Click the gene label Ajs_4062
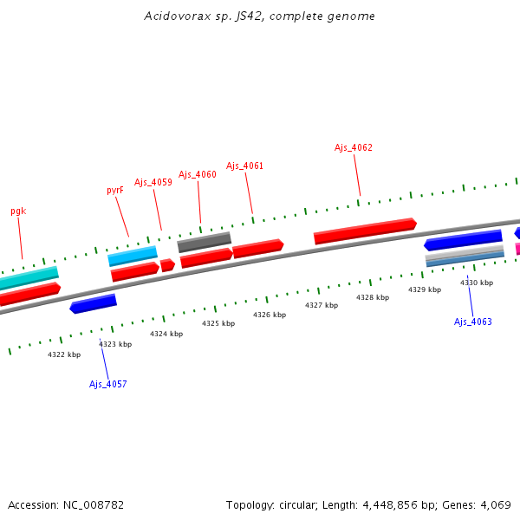[354, 147]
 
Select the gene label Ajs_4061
[244, 166]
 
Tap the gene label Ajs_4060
[198, 174]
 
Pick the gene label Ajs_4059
[153, 182]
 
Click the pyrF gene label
[115, 190]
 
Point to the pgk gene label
[18, 211]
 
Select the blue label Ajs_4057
[107, 384]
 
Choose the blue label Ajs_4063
[472, 322]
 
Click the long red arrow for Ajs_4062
[364, 231]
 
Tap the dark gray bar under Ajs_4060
[205, 242]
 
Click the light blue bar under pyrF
[133, 256]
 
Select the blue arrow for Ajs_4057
[93, 303]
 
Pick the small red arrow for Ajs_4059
[167, 265]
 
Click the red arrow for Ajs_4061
[257, 248]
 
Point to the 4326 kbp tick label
[269, 315]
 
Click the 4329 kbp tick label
[424, 289]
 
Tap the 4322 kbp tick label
[63, 354]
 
